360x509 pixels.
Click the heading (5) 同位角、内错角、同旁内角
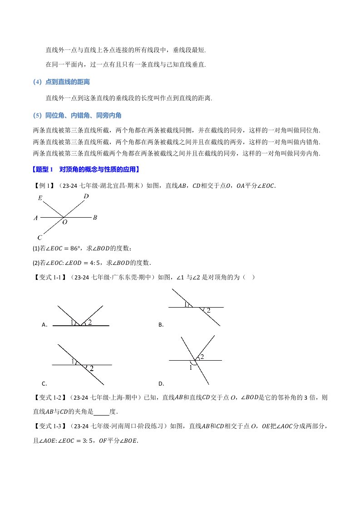tap(78, 115)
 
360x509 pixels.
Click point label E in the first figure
tap(40, 198)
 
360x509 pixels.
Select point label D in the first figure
tap(86, 196)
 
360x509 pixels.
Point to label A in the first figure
tap(36, 218)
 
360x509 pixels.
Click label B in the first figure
tap(95, 218)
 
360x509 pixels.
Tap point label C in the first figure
tap(40, 237)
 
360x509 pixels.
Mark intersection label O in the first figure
tap(65, 223)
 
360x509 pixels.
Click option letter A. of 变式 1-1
tap(44, 325)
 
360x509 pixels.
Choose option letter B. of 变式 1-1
tap(161, 325)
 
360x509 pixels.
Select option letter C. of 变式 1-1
tap(44, 383)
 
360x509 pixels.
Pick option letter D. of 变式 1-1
tap(161, 383)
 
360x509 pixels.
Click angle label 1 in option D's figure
tap(191, 368)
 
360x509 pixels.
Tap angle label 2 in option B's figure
tap(208, 311)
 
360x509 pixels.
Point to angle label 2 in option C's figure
tap(91, 369)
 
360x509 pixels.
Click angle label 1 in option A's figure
tap(72, 322)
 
